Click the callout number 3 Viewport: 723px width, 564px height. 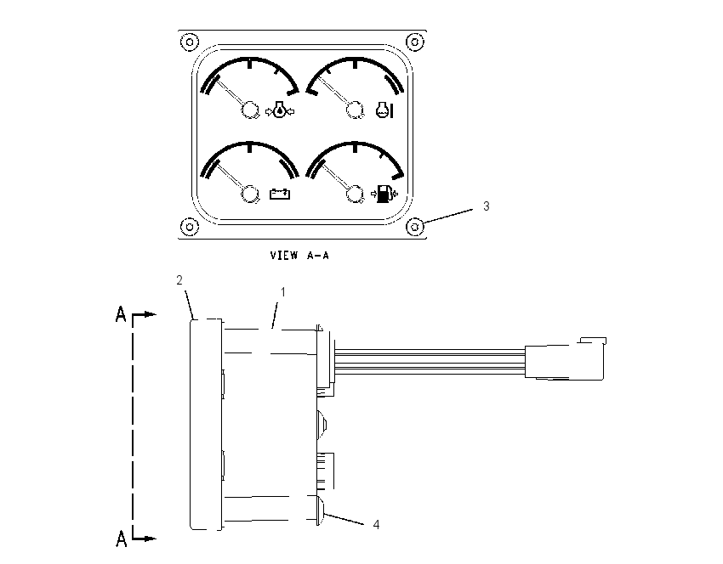[x=486, y=206]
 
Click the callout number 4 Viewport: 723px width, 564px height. [x=376, y=525]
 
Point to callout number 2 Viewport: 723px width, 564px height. [x=179, y=280]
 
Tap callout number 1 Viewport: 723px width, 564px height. [x=283, y=292]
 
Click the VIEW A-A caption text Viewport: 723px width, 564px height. [x=299, y=255]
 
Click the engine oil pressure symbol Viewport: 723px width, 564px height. [x=281, y=110]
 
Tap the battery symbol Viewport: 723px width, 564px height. [x=280, y=194]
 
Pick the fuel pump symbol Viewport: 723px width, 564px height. [x=384, y=194]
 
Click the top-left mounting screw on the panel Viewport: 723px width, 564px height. [x=190, y=42]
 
